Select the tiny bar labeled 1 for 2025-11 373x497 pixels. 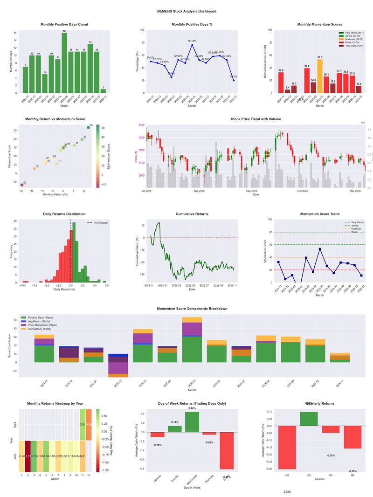point(103,91)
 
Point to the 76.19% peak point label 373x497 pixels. point(192,41)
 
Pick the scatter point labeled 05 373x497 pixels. point(88,127)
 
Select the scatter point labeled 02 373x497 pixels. point(21,185)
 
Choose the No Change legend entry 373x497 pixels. point(100,223)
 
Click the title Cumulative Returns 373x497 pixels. point(192,214)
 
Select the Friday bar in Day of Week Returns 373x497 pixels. point(227,450)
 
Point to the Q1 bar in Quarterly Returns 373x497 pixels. point(287,447)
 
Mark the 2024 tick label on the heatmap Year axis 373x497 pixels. point(16,425)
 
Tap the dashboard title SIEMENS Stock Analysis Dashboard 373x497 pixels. point(186,11)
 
